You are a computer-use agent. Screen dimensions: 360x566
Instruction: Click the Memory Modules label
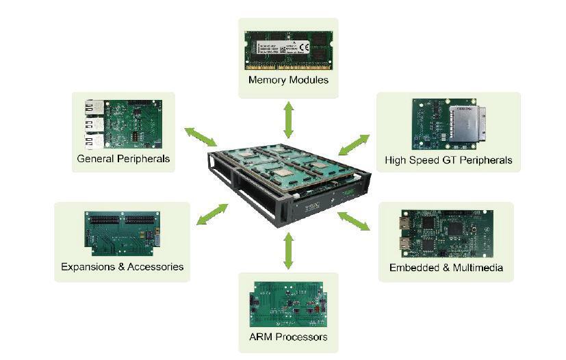pos(288,80)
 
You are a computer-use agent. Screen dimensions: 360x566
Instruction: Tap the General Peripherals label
pos(123,159)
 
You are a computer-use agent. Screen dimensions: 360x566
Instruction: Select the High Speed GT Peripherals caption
pos(448,160)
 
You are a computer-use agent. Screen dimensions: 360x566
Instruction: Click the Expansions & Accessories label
pos(123,266)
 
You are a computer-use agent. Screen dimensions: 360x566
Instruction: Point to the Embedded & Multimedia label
pos(446,268)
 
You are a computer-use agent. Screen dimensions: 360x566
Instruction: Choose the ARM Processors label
pos(288,337)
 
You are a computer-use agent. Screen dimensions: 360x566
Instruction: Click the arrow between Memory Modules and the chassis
pos(289,120)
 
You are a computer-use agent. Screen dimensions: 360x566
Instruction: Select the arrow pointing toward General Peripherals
pos(200,136)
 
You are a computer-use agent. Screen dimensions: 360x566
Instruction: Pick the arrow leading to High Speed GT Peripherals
pos(355,144)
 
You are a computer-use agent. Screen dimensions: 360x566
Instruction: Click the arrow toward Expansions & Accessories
pos(212,214)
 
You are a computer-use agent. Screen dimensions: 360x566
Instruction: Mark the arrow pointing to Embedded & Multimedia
pos(354,220)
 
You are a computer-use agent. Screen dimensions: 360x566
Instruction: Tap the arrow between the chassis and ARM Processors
pos(288,250)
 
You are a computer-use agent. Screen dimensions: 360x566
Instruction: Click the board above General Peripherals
pos(123,123)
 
